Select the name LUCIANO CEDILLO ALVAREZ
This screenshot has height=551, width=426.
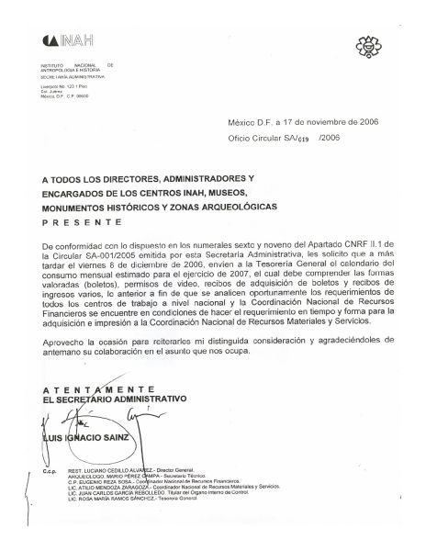[x=134, y=468]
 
